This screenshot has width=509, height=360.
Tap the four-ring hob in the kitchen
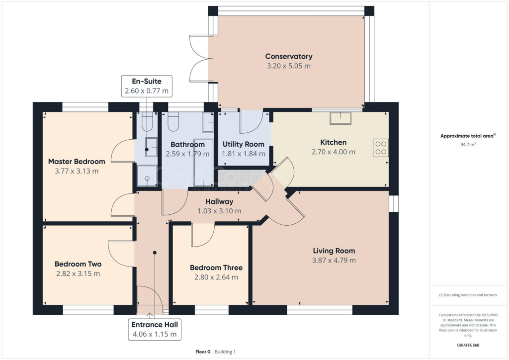click(380, 148)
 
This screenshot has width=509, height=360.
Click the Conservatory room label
click(288, 56)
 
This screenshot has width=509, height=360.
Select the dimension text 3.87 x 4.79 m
click(334, 260)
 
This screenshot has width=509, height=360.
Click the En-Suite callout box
click(147, 86)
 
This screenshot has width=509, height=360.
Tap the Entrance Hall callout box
click(154, 329)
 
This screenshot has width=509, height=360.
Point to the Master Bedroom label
click(77, 162)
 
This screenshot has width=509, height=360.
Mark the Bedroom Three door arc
click(203, 235)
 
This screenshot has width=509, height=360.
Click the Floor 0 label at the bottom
click(203, 352)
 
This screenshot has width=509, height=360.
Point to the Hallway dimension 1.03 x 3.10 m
click(219, 211)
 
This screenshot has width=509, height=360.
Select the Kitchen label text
click(334, 142)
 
